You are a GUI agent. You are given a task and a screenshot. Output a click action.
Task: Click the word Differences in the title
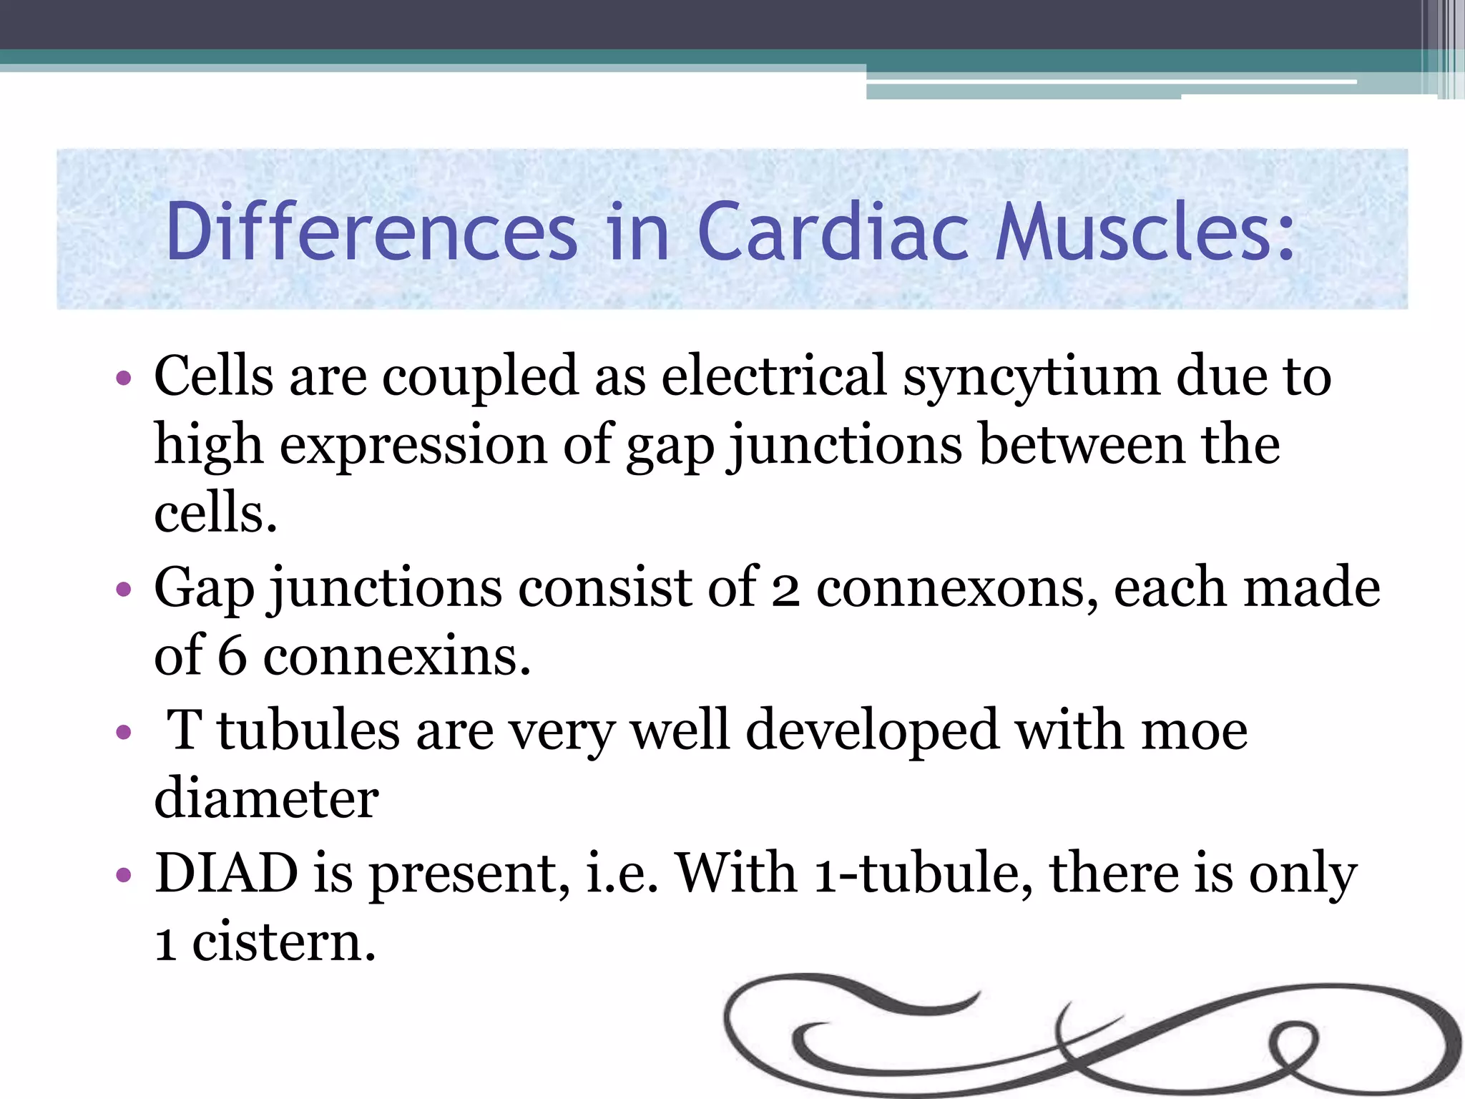(x=371, y=232)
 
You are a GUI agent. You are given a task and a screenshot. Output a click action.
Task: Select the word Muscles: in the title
(x=1145, y=232)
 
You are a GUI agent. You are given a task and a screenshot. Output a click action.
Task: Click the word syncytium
(x=1031, y=378)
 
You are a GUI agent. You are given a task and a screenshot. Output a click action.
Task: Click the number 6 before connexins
(x=232, y=656)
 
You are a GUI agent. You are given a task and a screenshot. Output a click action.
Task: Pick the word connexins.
(x=397, y=656)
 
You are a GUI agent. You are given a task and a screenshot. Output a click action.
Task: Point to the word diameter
(x=266, y=798)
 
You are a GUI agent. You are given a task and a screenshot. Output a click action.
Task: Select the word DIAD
(x=226, y=873)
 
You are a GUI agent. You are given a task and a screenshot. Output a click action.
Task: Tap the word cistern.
(x=283, y=943)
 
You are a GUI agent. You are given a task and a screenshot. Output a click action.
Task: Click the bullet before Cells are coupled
(x=124, y=377)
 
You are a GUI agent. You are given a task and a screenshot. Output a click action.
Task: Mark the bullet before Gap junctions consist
(x=124, y=589)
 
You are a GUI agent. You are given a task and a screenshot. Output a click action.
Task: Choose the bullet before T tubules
(x=124, y=732)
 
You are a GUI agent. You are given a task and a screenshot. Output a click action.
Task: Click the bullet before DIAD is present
(x=124, y=874)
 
